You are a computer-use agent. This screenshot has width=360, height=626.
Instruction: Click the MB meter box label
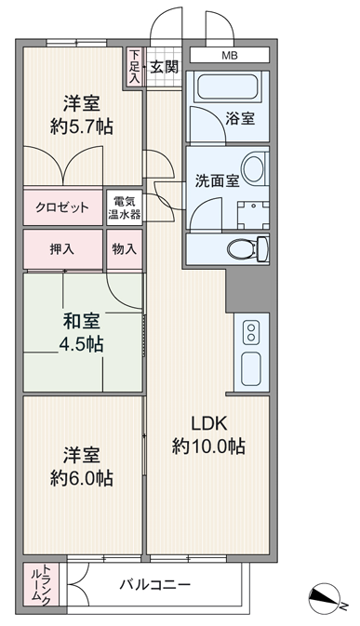pos(230,56)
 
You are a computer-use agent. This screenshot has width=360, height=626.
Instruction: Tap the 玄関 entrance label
pos(164,67)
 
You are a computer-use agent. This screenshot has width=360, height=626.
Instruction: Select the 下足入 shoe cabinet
pos(135,67)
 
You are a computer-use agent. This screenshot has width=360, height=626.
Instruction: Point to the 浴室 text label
pos(240,118)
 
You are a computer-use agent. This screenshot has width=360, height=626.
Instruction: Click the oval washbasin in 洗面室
pos(253,168)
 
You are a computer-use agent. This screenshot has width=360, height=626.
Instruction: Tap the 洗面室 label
pos(217,180)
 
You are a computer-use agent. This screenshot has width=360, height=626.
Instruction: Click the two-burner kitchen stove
pos(251,332)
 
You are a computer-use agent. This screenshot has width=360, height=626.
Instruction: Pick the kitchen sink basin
pos(251,369)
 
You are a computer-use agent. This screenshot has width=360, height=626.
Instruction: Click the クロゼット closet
pos(62,207)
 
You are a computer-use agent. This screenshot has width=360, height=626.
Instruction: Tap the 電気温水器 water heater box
pos(125,207)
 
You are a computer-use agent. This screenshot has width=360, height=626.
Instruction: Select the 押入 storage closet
pos(62,249)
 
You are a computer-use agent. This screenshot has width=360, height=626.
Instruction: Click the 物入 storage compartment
pos(125,249)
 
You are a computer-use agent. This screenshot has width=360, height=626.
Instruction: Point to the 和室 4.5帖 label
pos(82,333)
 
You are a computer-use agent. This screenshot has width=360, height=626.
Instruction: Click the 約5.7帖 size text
pos(82,127)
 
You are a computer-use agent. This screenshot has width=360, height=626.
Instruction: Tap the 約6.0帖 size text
pos(82,477)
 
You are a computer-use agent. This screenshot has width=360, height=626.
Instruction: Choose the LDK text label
pos(208,423)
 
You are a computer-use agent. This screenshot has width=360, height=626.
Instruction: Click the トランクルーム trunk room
pos(41,584)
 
